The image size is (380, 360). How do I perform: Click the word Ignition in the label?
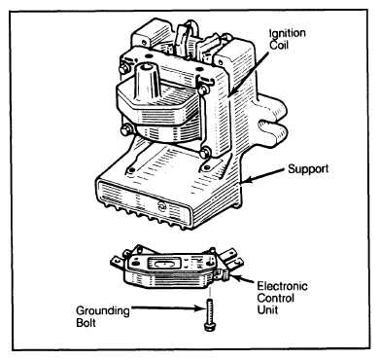(x=288, y=34)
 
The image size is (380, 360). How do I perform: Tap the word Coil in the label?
(x=279, y=45)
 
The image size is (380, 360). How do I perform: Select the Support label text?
(x=308, y=169)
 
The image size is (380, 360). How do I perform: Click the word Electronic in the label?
(x=282, y=286)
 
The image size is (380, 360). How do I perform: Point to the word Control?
(x=276, y=298)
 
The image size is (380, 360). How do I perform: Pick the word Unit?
(x=267, y=309)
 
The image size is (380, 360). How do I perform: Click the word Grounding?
(x=103, y=311)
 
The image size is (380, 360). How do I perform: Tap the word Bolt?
(x=86, y=323)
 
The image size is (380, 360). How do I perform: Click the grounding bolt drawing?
(x=210, y=314)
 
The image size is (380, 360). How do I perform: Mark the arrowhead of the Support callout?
(x=246, y=179)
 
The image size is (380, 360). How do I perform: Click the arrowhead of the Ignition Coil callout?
(x=230, y=93)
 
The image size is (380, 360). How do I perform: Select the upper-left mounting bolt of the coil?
(x=123, y=69)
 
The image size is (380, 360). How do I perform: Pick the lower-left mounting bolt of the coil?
(x=125, y=130)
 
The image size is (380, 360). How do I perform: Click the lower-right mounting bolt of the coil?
(x=205, y=152)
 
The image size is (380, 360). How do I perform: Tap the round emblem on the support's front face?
(x=161, y=206)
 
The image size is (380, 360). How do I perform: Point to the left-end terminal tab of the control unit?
(x=118, y=261)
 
